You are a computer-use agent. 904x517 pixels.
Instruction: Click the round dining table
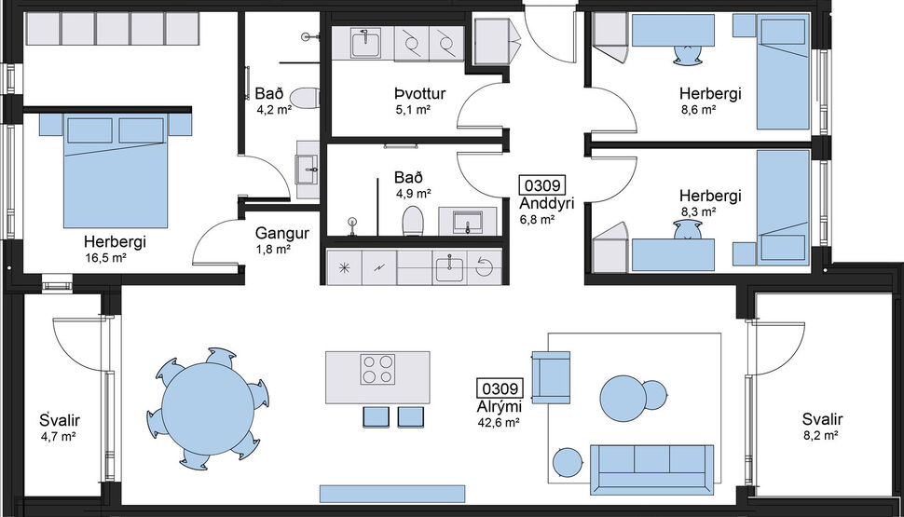point(207,407)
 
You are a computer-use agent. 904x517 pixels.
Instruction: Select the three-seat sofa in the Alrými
point(652,465)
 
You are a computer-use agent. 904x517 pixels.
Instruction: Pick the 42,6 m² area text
point(499,422)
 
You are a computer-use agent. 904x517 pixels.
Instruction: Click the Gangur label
point(275,235)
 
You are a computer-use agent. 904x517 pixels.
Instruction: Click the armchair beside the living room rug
point(550,378)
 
